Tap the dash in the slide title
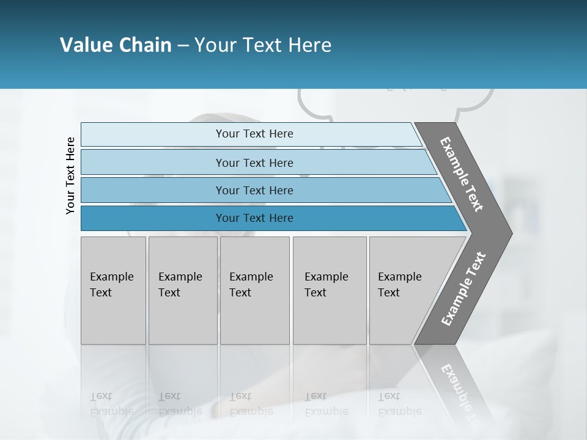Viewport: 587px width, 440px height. tap(183, 46)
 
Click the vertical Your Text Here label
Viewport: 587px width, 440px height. tap(70, 175)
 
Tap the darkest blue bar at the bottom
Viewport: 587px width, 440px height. tap(153, 218)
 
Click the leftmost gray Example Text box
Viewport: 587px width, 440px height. tap(113, 290)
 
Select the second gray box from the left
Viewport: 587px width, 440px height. tap(183, 290)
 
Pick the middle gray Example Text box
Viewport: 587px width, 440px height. tap(254, 290)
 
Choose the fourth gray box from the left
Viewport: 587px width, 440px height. tap(330, 290)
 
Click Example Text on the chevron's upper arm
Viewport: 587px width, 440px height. tap(462, 174)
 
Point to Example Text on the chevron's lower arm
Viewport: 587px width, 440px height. tap(463, 289)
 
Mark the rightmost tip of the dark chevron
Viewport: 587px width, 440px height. tap(511, 233)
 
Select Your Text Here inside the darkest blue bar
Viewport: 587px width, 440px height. tap(254, 218)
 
